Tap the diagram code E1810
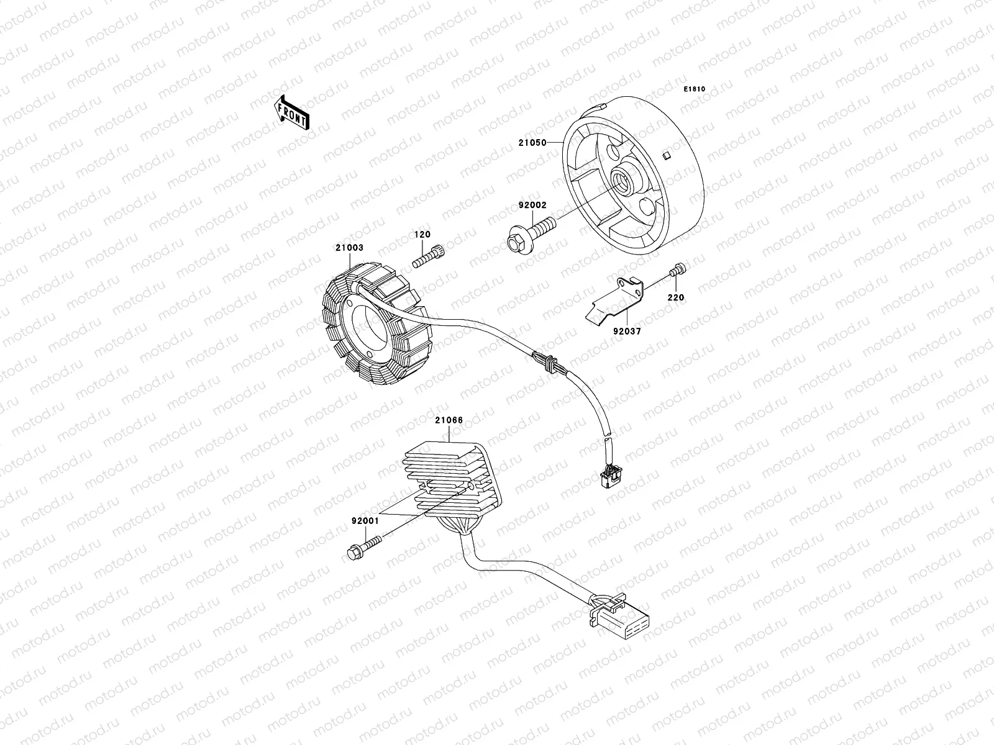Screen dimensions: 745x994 (x=695, y=89)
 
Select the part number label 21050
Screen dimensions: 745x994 (x=532, y=143)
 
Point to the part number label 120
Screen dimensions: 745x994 (x=423, y=235)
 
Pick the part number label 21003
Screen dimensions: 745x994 (x=349, y=248)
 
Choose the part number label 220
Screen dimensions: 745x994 (x=675, y=297)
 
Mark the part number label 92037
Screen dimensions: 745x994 (x=628, y=332)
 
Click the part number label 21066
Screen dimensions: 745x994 (x=449, y=420)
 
